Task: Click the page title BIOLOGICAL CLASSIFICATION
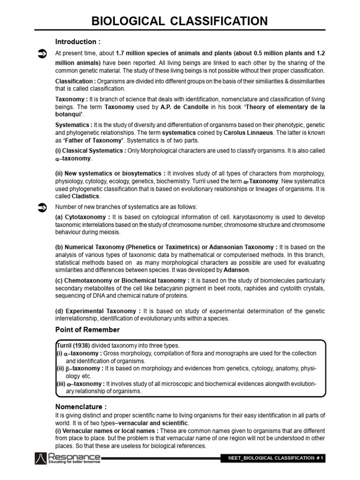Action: point(180,21)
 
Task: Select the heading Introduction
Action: point(78,41)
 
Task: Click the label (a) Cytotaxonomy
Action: point(83,217)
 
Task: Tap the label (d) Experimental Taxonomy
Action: point(98,311)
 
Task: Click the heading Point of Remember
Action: point(88,330)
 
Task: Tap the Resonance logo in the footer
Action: point(67,458)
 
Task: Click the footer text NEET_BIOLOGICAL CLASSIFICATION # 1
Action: point(273,458)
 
